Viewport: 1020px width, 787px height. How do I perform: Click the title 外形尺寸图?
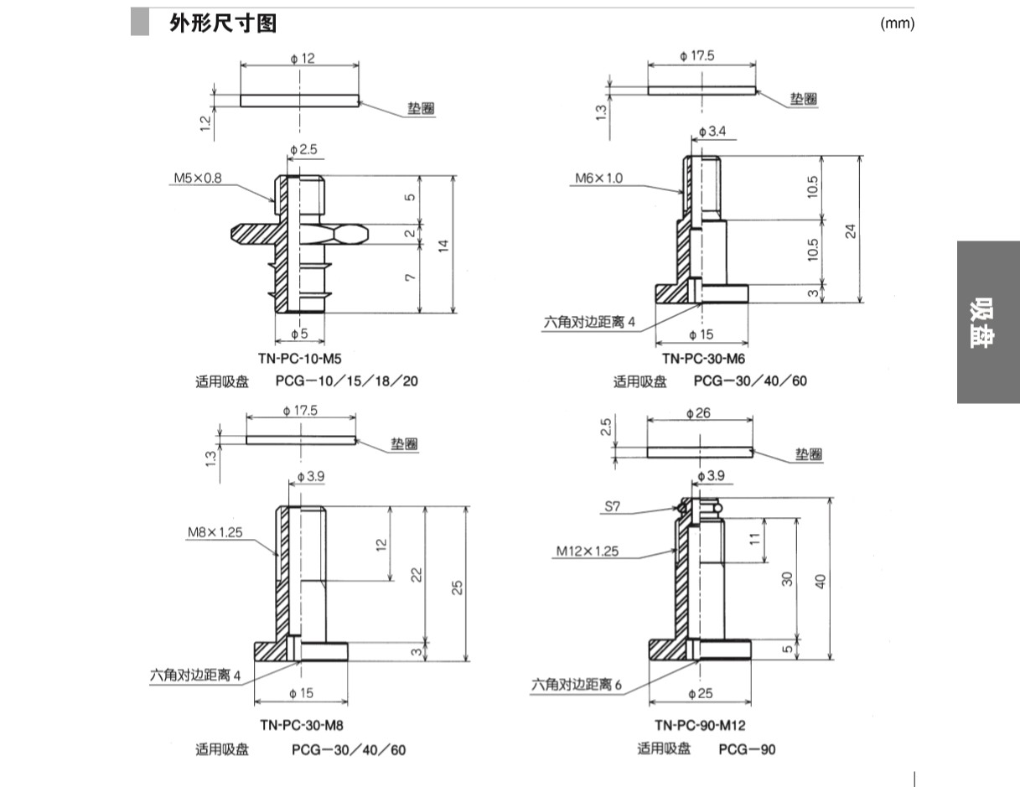(222, 23)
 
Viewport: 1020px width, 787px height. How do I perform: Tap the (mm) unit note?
(896, 23)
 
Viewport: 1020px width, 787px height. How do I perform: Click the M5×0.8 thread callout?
(199, 179)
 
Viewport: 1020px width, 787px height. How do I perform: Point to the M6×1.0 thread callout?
(598, 179)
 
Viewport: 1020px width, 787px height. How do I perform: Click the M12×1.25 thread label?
(588, 551)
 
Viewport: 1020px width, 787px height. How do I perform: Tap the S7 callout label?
(613, 507)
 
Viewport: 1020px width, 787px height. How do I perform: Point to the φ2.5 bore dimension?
(303, 150)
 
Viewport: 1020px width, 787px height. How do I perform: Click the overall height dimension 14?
(444, 245)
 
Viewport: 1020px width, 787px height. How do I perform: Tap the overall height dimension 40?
(821, 580)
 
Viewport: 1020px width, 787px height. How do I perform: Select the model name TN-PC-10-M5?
(298, 359)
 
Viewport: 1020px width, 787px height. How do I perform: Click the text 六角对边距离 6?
(577, 685)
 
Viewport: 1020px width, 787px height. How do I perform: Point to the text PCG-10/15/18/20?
(347, 381)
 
